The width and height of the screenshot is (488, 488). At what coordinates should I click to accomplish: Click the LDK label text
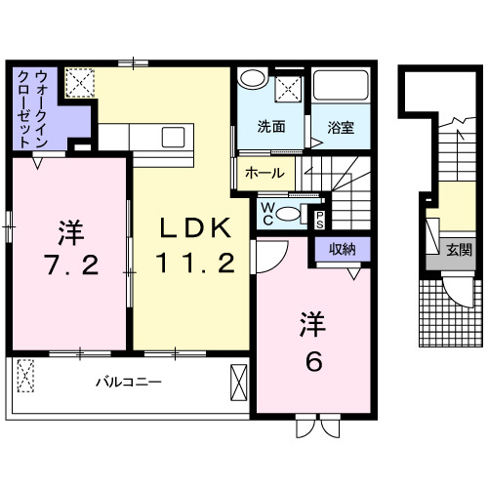[195, 228]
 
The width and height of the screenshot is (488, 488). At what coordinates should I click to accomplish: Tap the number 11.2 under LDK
[195, 262]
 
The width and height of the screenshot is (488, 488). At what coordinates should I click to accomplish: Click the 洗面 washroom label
[271, 126]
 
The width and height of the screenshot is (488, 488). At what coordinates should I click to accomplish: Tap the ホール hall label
[264, 174]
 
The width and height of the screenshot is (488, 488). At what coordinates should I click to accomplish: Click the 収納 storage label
[342, 249]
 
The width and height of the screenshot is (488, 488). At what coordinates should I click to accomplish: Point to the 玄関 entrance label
[459, 250]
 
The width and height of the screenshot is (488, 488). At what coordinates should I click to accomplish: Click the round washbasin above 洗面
[251, 80]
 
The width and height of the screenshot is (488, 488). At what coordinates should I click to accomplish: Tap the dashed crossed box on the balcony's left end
[26, 374]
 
